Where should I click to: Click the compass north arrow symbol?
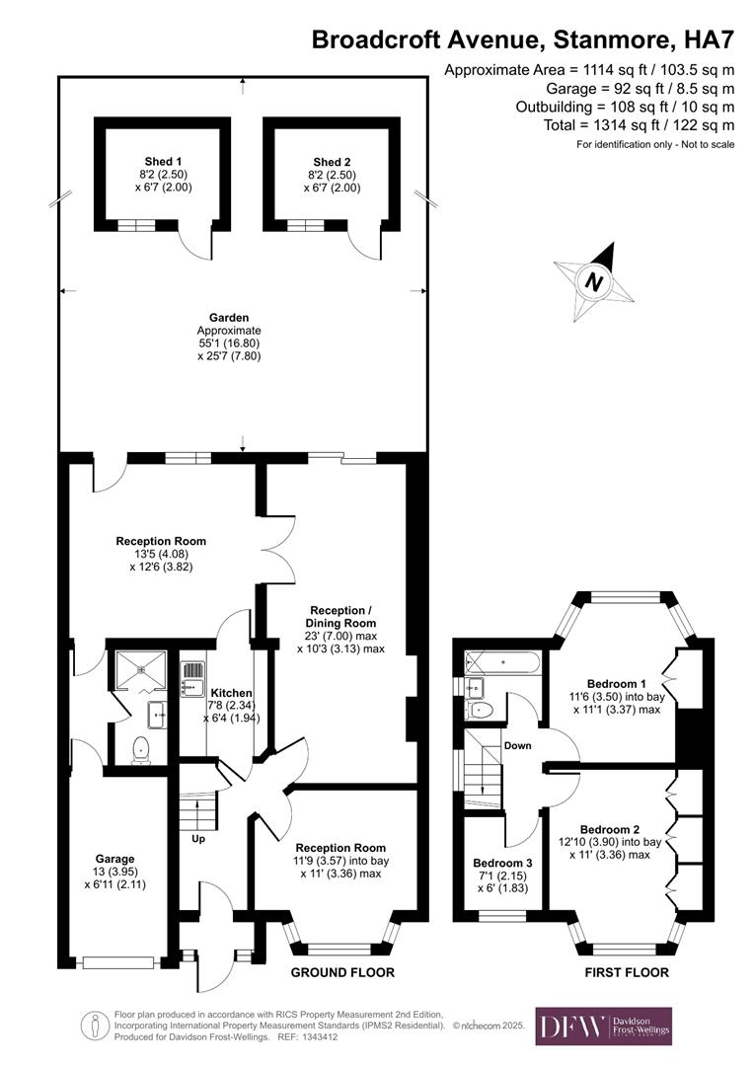593,280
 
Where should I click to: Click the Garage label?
114,858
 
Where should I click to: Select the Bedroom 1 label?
617,683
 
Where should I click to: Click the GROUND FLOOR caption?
342,972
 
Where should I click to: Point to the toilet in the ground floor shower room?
141,750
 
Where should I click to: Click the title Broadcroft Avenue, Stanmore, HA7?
523,39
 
